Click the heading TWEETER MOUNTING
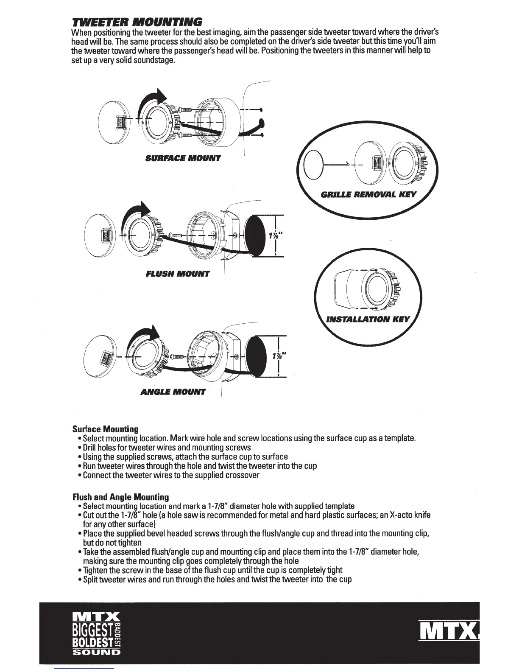click(137, 22)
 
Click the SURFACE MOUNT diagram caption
click(183, 158)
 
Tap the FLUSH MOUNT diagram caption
click(177, 274)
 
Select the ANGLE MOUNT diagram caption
click(173, 392)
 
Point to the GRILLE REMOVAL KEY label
click(368, 195)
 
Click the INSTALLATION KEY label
click(368, 319)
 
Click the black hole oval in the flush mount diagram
click(255, 235)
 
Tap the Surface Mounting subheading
click(105, 429)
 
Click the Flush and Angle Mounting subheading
click(120, 496)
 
